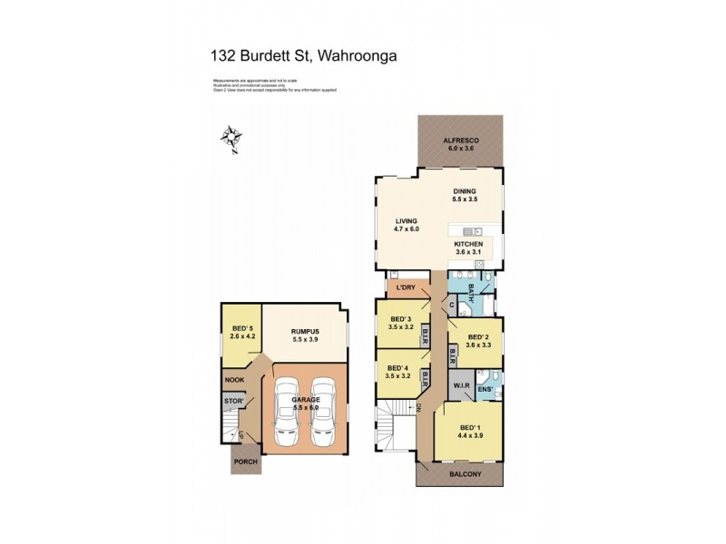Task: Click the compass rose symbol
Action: pyautogui.click(x=233, y=140)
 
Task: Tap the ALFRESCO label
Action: pyautogui.click(x=458, y=141)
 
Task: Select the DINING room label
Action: pyautogui.click(x=465, y=191)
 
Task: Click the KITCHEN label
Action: pyautogui.click(x=469, y=243)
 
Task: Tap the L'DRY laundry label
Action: pyautogui.click(x=406, y=287)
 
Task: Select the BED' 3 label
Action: pyautogui.click(x=400, y=319)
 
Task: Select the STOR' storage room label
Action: pyautogui.click(x=233, y=399)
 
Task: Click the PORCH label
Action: pyautogui.click(x=245, y=461)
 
